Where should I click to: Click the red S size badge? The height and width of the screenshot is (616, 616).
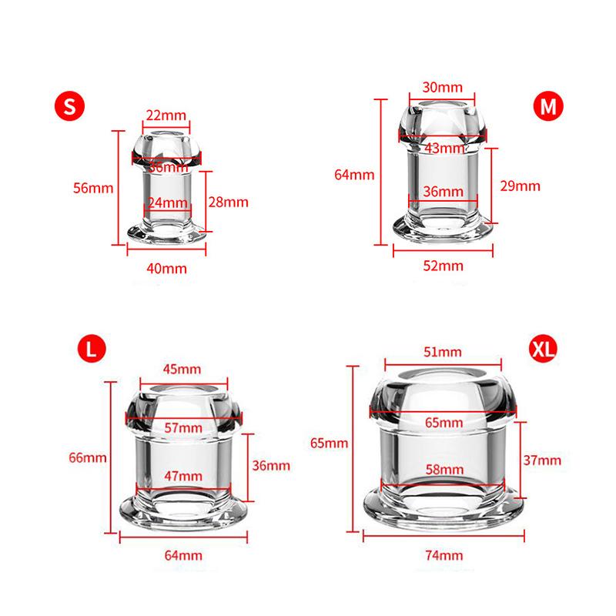pyautogui.click(x=69, y=107)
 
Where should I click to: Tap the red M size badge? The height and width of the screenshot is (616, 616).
pyautogui.click(x=547, y=107)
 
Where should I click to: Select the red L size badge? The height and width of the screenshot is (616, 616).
pyautogui.click(x=91, y=350)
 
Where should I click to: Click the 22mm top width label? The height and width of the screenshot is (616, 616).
pyautogui.click(x=166, y=115)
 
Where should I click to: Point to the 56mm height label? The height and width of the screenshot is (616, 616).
pyautogui.click(x=95, y=188)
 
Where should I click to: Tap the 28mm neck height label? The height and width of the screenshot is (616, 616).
pyautogui.click(x=229, y=202)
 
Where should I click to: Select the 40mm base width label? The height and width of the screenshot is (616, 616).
pyautogui.click(x=166, y=268)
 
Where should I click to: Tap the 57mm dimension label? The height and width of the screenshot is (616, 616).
pyautogui.click(x=184, y=427)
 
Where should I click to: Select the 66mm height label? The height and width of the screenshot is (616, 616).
pyautogui.click(x=86, y=457)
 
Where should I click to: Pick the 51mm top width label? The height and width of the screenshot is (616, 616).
pyautogui.click(x=443, y=352)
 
